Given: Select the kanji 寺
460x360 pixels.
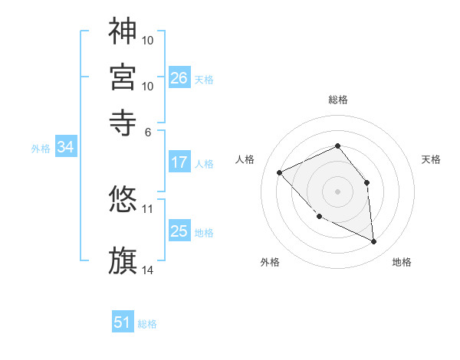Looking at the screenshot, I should pyautogui.click(x=123, y=120).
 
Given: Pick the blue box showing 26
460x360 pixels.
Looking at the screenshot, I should pyautogui.click(x=179, y=77).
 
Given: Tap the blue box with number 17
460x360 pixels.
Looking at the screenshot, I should pyautogui.click(x=179, y=162).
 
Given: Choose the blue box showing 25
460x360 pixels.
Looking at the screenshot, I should pyautogui.click(x=179, y=231).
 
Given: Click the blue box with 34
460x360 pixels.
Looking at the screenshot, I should pyautogui.click(x=65, y=147).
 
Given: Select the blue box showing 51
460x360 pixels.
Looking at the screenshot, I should pyautogui.click(x=123, y=322).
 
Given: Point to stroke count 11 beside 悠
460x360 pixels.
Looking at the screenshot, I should pyautogui.click(x=148, y=208).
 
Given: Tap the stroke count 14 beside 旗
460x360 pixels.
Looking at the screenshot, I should pyautogui.click(x=148, y=270).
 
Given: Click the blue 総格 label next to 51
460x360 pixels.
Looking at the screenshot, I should pyautogui.click(x=147, y=324).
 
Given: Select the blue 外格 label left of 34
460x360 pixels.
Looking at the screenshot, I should pyautogui.click(x=41, y=149).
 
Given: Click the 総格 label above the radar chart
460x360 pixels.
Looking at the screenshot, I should pyautogui.click(x=338, y=100).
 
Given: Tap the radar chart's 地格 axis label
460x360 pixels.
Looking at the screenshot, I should pyautogui.click(x=402, y=263).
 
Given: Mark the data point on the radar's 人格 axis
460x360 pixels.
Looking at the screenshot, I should pyautogui.click(x=280, y=172).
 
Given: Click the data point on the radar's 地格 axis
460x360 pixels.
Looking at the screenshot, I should pyautogui.click(x=374, y=241).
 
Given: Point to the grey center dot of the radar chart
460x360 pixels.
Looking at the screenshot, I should pyautogui.click(x=338, y=191).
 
